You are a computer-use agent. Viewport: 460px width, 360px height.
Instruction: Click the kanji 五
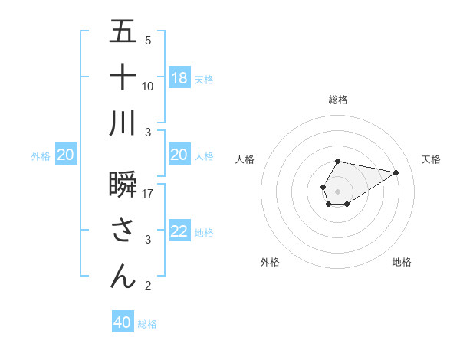(x=123, y=32)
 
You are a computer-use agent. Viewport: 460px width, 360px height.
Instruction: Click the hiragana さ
(x=123, y=231)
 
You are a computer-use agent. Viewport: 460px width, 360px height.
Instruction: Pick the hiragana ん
(x=123, y=276)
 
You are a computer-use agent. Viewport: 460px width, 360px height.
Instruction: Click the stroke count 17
(x=148, y=194)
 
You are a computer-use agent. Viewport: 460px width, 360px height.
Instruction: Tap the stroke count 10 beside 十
(x=148, y=86)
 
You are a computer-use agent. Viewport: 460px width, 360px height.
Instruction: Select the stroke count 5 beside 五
(x=148, y=40)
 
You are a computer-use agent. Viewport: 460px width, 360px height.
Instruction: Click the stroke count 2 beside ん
(x=148, y=286)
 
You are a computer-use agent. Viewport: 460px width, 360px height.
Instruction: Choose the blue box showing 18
(x=179, y=78)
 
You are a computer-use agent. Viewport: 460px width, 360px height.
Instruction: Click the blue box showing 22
(x=179, y=231)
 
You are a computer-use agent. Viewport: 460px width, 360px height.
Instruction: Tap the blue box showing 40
(x=123, y=322)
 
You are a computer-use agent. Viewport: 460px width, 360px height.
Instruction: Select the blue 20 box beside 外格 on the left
(x=66, y=155)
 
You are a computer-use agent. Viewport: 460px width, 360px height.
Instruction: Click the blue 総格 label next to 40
(x=147, y=324)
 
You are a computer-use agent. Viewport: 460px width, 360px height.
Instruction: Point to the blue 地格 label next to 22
(x=204, y=232)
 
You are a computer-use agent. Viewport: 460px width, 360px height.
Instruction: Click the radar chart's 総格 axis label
(x=337, y=100)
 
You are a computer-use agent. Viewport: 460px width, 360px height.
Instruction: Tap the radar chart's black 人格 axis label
(x=245, y=159)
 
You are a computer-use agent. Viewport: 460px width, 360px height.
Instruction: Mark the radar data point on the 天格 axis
(x=396, y=172)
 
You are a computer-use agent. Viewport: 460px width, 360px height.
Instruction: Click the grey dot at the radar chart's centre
(x=337, y=190)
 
